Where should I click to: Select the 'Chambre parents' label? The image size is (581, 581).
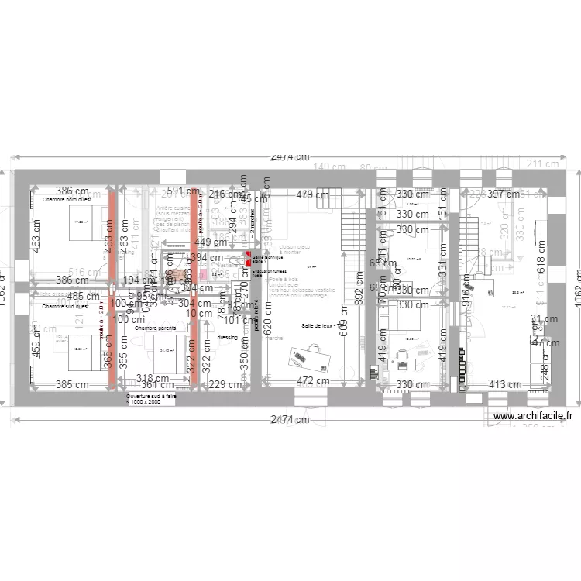155,328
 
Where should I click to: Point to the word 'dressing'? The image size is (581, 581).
228,338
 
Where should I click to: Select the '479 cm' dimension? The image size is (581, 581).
313,195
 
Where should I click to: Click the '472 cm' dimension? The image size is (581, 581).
315,381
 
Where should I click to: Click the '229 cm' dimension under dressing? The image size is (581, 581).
225,385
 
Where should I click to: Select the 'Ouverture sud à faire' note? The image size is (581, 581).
152,399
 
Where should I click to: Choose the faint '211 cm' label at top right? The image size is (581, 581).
542,163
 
